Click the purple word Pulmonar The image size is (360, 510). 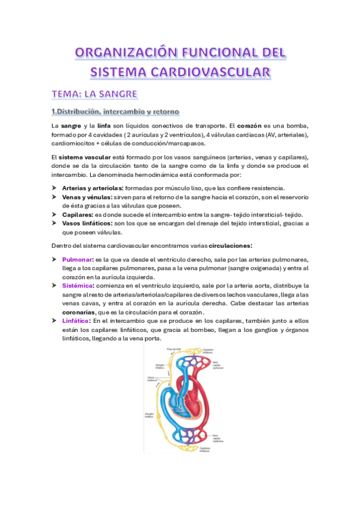[x=76, y=259]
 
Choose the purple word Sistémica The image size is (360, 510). [x=78, y=285]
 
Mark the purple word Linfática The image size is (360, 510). [x=76, y=321]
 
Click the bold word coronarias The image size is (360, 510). [x=79, y=312]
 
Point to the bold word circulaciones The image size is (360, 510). [x=231, y=245]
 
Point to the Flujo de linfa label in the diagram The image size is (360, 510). [x=173, y=349]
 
